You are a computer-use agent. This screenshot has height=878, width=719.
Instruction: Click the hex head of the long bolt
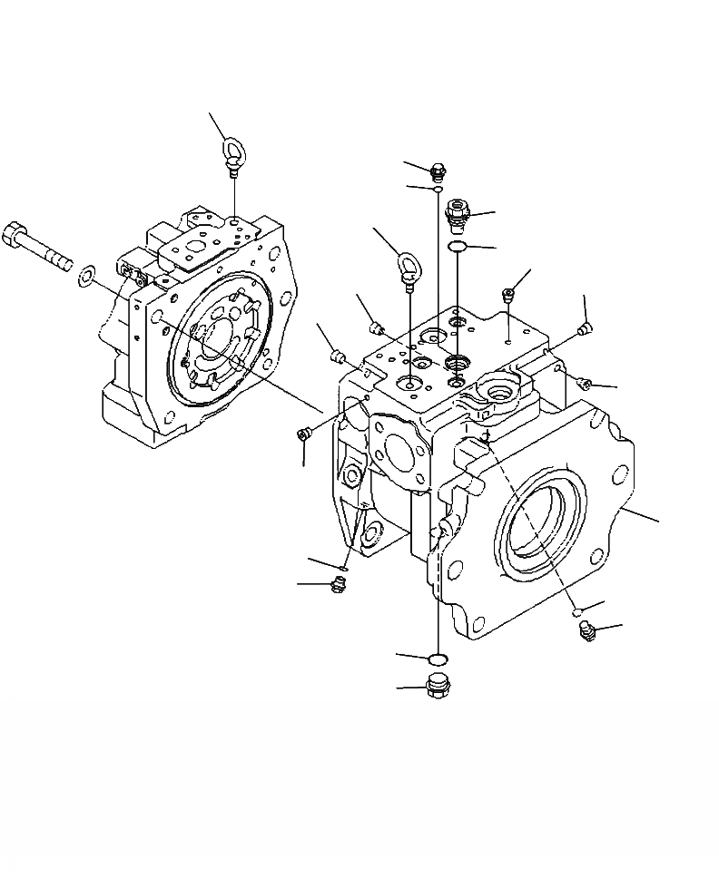17,236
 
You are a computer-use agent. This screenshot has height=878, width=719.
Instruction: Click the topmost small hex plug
438,170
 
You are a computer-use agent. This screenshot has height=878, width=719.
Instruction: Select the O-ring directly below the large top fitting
459,248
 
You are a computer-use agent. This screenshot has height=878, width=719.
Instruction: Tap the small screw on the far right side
586,379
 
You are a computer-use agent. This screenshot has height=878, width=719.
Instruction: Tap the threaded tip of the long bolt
65,262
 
